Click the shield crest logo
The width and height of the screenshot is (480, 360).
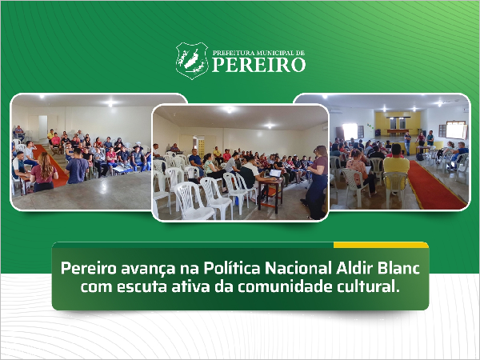192,61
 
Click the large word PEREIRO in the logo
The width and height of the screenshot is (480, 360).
258,65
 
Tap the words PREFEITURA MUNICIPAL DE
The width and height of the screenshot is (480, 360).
258,53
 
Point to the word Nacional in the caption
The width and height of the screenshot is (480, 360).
298,268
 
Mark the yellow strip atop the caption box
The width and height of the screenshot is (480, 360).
381,245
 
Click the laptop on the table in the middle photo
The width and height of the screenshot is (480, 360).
275,174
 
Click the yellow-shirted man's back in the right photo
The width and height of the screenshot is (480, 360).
397,166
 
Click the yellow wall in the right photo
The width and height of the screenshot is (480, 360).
398,122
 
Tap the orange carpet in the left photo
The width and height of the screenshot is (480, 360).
51,166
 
